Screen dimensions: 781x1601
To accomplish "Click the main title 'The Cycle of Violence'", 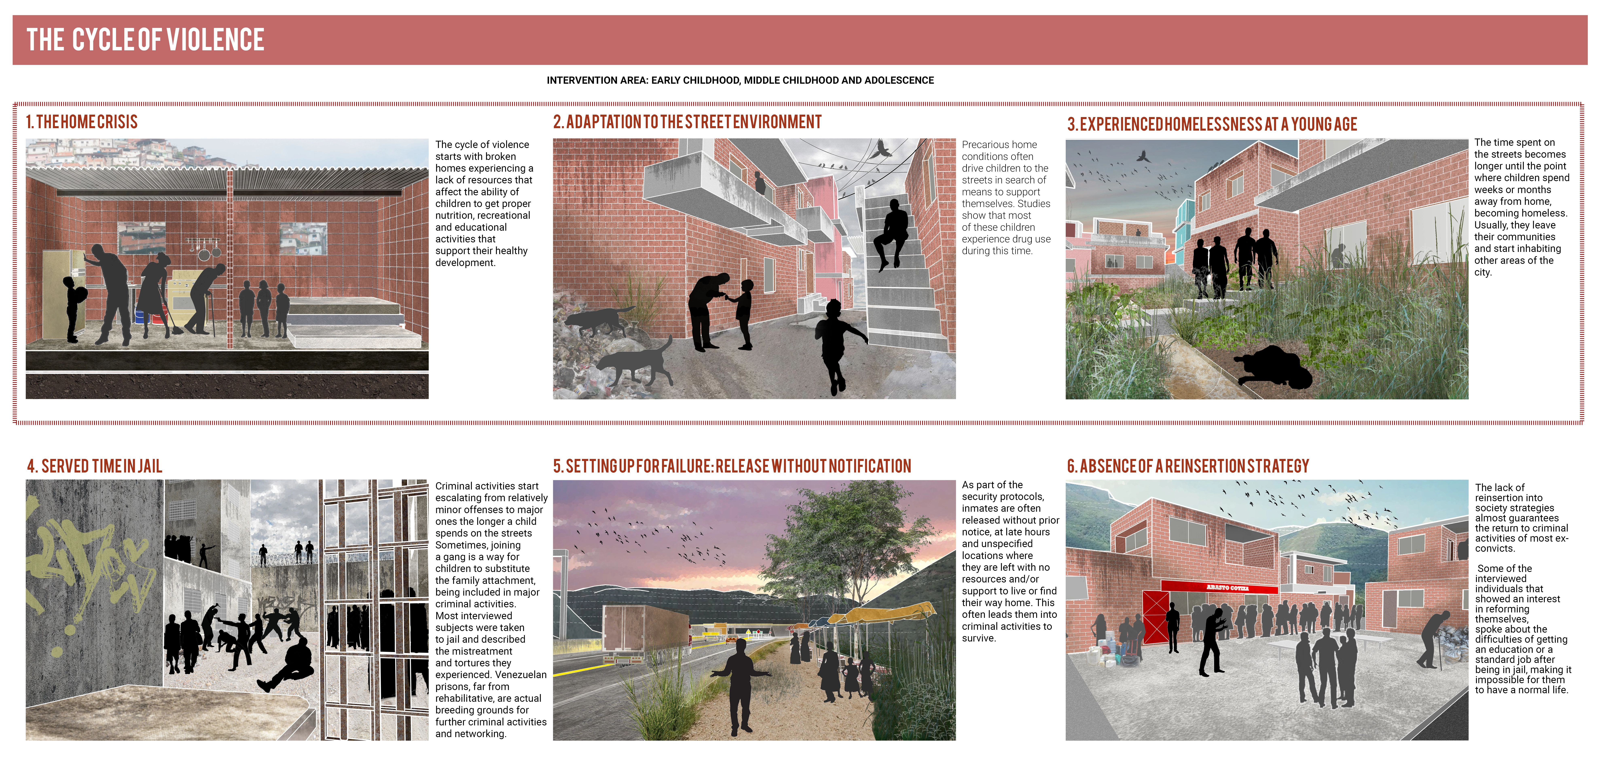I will pyautogui.click(x=145, y=40).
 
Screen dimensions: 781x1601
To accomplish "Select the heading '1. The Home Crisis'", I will pyautogui.click(x=81, y=122).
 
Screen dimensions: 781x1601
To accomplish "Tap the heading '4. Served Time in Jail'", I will pyautogui.click(x=94, y=466).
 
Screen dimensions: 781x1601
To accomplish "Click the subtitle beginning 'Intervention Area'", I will pyautogui.click(x=740, y=80).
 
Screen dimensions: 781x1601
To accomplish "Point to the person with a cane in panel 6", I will pyautogui.click(x=1436, y=640).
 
